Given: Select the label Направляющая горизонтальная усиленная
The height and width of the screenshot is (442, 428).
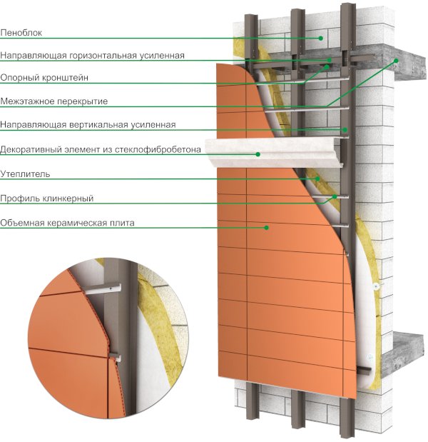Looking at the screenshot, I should pyautogui.click(x=93, y=55).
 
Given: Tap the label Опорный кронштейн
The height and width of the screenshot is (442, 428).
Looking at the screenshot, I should pyautogui.click(x=44, y=77).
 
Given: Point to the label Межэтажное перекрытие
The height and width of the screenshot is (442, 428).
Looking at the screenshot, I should pyautogui.click(x=54, y=101).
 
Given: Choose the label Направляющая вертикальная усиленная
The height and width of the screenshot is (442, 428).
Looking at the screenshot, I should pyautogui.click(x=88, y=125).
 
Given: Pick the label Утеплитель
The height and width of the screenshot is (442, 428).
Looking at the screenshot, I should pyautogui.click(x=25, y=174).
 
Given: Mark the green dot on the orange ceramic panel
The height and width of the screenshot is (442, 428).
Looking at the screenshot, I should pyautogui.click(x=267, y=228).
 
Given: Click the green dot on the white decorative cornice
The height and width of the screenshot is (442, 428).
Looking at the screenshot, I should pyautogui.click(x=258, y=154).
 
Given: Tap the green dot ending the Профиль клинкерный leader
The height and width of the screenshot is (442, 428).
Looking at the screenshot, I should pyautogui.click(x=333, y=194).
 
